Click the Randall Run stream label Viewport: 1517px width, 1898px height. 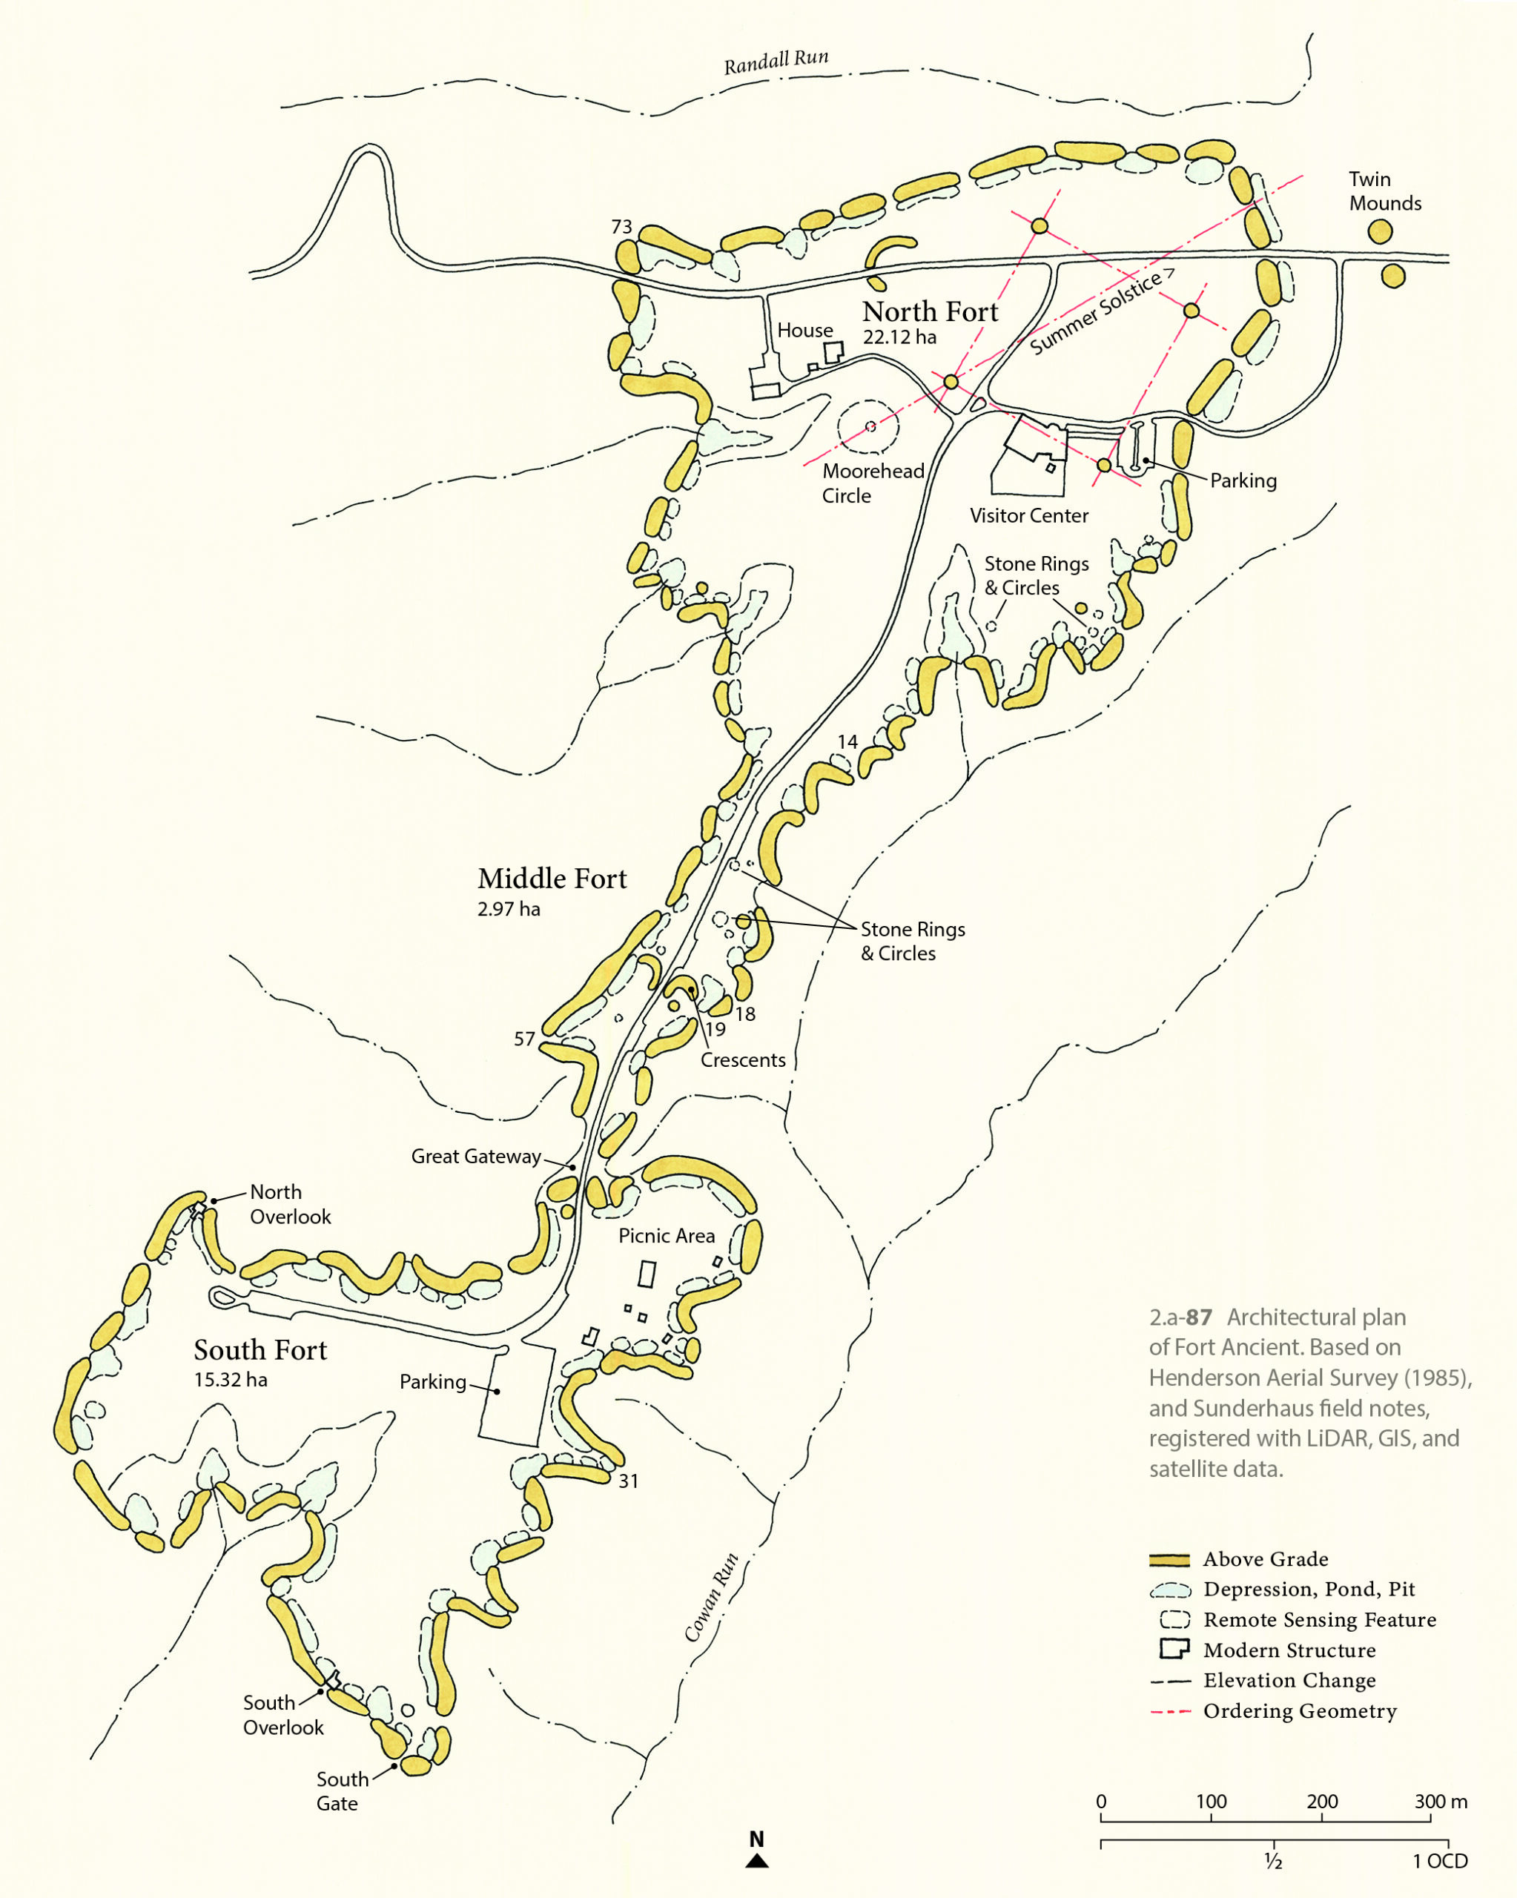(776, 61)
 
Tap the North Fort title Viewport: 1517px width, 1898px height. (930, 311)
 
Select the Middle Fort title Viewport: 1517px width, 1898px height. (552, 879)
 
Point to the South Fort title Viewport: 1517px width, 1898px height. (260, 1349)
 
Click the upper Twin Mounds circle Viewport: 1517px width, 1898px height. (1380, 232)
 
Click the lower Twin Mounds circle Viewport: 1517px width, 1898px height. (1393, 277)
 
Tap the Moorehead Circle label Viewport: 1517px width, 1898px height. (873, 483)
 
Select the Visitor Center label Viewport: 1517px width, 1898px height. (1028, 516)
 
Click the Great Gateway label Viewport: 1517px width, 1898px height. (475, 1157)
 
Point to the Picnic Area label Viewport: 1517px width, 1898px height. (667, 1236)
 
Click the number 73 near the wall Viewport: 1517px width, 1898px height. (621, 227)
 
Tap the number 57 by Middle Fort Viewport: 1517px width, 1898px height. (524, 1039)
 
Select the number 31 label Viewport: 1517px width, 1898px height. (628, 1481)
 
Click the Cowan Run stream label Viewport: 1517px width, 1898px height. (711, 1598)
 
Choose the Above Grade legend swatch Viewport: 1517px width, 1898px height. (1169, 1559)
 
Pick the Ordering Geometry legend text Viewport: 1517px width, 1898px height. (1300, 1711)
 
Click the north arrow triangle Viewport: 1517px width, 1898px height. (756, 1861)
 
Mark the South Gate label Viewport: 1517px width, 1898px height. (342, 1790)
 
